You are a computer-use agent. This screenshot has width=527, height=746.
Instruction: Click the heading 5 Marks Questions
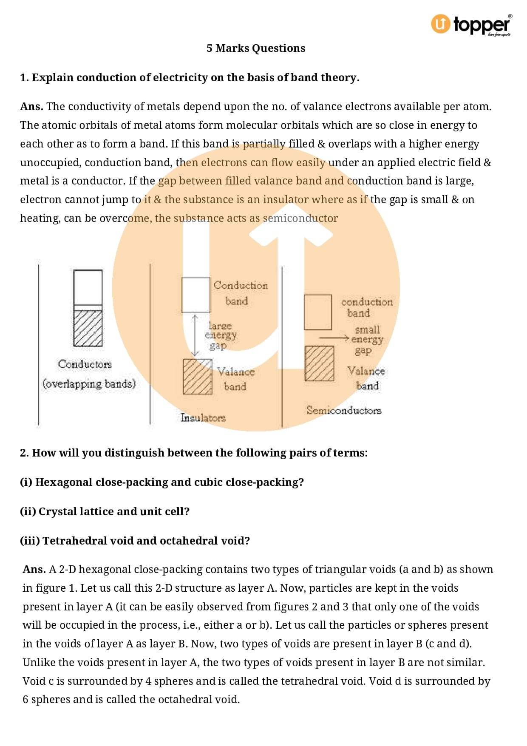(256, 48)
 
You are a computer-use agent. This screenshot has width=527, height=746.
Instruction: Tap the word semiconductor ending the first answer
(300, 218)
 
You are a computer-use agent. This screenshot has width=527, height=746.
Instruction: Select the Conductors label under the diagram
(85, 364)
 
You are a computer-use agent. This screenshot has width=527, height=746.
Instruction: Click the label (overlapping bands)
(89, 384)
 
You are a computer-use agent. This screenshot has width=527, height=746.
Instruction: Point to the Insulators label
(203, 418)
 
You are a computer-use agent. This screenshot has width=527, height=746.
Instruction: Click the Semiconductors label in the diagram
(344, 410)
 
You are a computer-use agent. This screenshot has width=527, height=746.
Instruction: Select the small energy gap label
(367, 340)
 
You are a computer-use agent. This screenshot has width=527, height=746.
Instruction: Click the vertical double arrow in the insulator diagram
(195, 336)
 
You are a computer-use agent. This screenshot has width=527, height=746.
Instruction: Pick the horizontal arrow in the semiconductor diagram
(334, 338)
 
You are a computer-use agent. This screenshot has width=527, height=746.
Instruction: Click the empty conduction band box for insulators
(196, 295)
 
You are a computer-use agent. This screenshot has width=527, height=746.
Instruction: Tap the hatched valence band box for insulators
(198, 377)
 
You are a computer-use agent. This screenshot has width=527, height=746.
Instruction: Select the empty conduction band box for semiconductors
(318, 312)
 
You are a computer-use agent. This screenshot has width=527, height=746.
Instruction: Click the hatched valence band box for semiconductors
(319, 363)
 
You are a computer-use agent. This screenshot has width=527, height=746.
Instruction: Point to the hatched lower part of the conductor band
(88, 328)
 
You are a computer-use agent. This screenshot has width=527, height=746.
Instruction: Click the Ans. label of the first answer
(31, 107)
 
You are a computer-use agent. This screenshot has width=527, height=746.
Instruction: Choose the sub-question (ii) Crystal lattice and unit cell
(105, 511)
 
